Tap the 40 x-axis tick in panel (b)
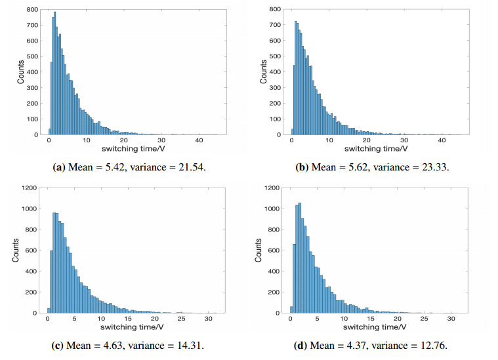pyautogui.click(x=442, y=141)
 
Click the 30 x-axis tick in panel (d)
pyautogui.click(x=451, y=319)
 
